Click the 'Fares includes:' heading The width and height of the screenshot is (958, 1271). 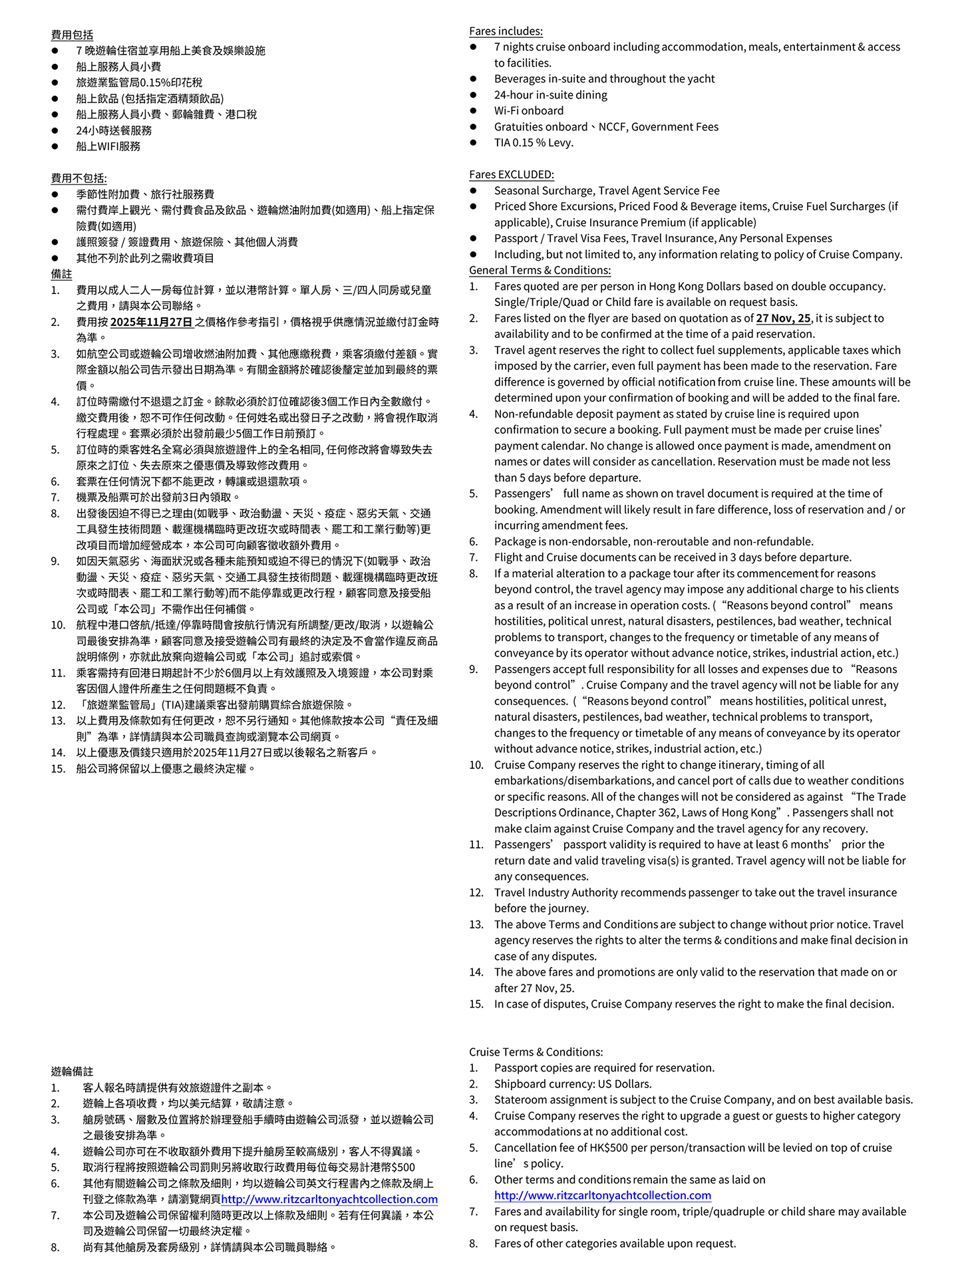(506, 31)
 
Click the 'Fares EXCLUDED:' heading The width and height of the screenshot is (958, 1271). (511, 174)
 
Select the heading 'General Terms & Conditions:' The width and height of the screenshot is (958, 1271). (540, 270)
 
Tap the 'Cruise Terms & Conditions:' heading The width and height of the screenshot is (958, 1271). (536, 1052)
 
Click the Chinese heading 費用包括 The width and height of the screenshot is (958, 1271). (72, 35)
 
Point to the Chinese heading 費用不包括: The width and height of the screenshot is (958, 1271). (79, 178)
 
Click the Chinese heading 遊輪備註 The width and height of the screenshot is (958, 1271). (72, 1071)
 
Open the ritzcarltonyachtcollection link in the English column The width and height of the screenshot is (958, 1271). (602, 1195)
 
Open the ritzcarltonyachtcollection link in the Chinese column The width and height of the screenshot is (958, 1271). (329, 1199)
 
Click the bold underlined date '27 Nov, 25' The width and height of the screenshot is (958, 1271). (783, 318)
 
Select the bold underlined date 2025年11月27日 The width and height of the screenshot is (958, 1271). (151, 322)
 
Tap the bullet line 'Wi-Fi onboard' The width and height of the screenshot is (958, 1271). (528, 110)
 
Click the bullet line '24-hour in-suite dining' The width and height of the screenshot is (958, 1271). (550, 94)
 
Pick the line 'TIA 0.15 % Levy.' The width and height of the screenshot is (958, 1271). (533, 142)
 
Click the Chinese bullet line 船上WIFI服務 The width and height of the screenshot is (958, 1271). (108, 146)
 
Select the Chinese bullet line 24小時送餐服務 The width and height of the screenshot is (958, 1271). (114, 130)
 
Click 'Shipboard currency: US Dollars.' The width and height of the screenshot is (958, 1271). (572, 1083)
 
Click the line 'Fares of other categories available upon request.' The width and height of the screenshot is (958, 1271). (615, 1243)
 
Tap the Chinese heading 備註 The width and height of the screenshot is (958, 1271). (61, 274)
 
